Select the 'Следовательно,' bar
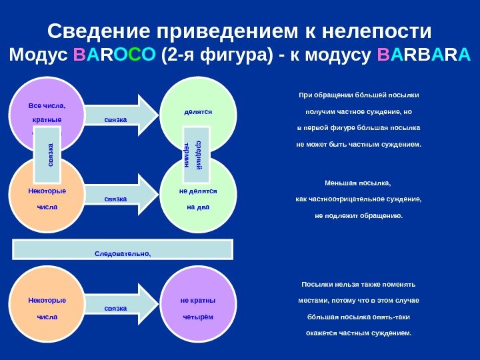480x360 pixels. click(x=123, y=249)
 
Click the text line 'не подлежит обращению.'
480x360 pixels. click(x=359, y=215)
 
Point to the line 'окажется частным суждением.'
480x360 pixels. click(x=359, y=332)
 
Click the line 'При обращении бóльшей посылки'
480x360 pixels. click(x=359, y=95)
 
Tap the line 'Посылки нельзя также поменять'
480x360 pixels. click(x=359, y=284)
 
